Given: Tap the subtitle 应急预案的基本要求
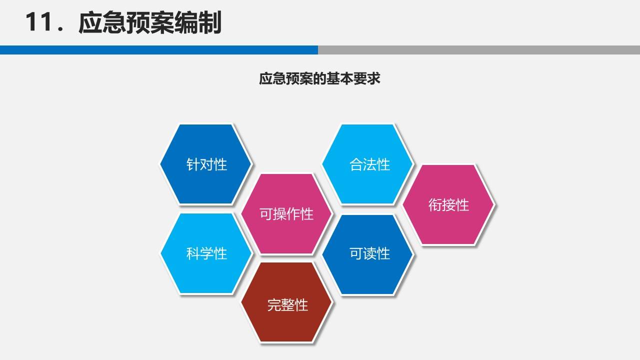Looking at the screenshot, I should (x=319, y=79).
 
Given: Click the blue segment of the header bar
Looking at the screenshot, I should (x=159, y=50).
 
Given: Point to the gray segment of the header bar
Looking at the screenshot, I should (x=478, y=50).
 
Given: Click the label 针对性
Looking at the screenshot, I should (x=206, y=164).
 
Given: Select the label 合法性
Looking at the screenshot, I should (x=369, y=164).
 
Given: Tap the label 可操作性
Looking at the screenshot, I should (x=286, y=214).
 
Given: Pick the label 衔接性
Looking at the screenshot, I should (x=448, y=204).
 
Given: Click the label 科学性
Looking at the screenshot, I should (x=206, y=253).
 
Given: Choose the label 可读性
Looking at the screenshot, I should (x=369, y=253).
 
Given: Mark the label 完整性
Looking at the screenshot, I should (x=287, y=304).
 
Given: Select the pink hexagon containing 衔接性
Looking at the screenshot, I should (x=448, y=225).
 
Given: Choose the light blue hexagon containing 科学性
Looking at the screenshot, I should (x=206, y=275).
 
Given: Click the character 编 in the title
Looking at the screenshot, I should (x=186, y=23).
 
